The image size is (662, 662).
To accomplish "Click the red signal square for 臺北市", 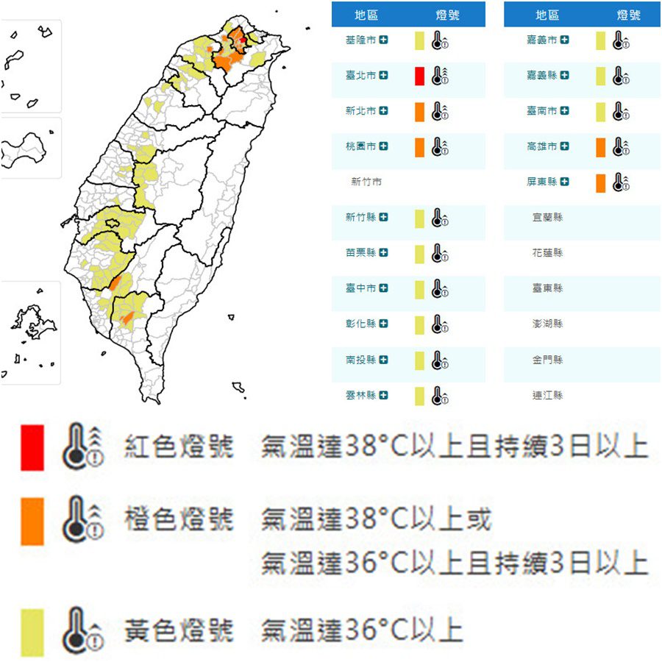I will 419,76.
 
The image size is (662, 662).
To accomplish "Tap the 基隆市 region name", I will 360,40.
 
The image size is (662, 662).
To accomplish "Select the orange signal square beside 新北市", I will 419,112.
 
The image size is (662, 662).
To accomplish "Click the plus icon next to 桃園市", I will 384,147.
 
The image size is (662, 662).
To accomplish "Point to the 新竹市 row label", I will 366,182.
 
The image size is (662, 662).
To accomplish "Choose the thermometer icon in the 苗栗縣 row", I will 440,254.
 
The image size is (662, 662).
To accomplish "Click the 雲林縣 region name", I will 360,395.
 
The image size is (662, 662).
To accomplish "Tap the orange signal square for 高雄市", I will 601,147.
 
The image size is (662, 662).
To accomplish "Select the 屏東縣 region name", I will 541,182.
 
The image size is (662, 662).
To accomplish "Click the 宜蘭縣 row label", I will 547,218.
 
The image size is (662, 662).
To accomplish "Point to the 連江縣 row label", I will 547,395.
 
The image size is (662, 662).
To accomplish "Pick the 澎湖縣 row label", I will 547,324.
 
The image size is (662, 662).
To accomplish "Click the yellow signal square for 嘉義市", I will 601,40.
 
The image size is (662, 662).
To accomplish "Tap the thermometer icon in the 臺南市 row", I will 621,112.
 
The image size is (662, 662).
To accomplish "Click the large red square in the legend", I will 32,446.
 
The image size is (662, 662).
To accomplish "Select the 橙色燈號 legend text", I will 179,520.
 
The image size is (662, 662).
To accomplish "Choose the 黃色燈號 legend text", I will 179,630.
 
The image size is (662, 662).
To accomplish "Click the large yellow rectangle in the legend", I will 32,632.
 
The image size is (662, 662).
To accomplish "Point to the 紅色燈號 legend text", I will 179,446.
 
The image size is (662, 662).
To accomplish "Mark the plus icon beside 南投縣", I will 384,360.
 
